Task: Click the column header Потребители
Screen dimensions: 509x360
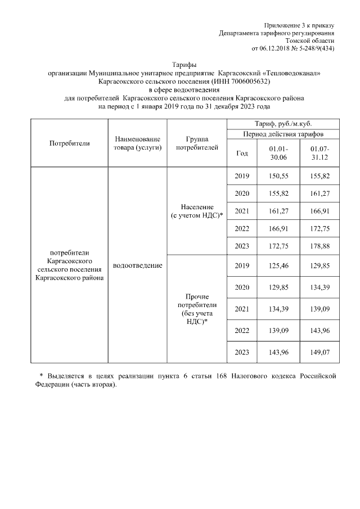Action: [70, 143]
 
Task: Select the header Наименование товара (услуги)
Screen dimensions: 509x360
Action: [137, 143]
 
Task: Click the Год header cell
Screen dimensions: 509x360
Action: [242, 153]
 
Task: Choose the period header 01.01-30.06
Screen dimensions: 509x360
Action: [278, 153]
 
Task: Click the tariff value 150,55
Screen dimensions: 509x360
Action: [278, 177]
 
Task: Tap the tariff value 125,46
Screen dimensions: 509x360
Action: [278, 265]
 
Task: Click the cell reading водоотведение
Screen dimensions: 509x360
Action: [137, 265]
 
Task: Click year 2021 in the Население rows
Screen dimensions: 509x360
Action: [242, 211]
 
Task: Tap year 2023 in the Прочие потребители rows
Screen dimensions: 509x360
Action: [242, 352]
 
